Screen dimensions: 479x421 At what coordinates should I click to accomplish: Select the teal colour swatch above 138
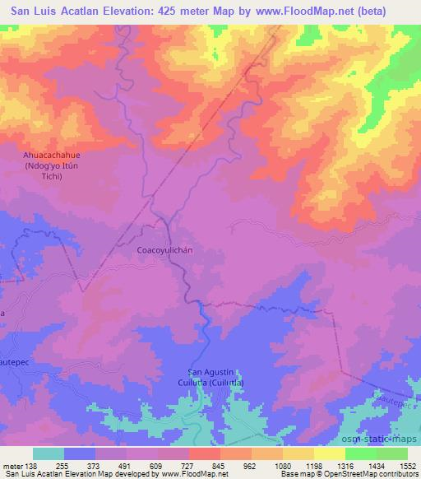pyautogui.click(x=49, y=453)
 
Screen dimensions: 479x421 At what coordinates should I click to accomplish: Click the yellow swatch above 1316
pyautogui.click(x=330, y=453)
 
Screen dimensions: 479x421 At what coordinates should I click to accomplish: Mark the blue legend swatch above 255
pyautogui.click(x=80, y=453)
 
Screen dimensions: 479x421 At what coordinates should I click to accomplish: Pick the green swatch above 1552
pyautogui.click(x=392, y=453)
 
